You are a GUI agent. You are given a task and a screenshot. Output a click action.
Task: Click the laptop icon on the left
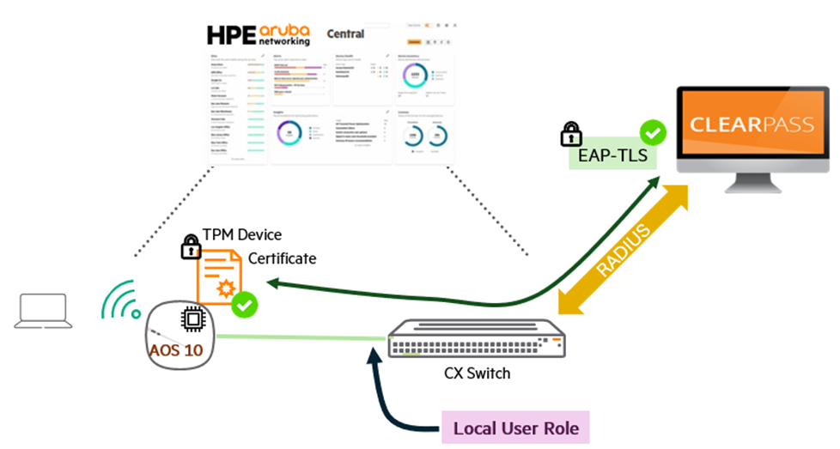pos(41,312)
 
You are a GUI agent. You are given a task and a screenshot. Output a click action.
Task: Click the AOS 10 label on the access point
pos(176,350)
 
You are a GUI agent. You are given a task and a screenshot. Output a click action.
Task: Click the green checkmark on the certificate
pos(246,304)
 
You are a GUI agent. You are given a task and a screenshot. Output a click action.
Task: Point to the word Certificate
pos(282,258)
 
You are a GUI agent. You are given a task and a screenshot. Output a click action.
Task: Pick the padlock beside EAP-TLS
pos(571,135)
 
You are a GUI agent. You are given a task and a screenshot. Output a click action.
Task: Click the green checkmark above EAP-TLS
pos(654,133)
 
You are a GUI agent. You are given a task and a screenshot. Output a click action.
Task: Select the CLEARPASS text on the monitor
pos(752,124)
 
